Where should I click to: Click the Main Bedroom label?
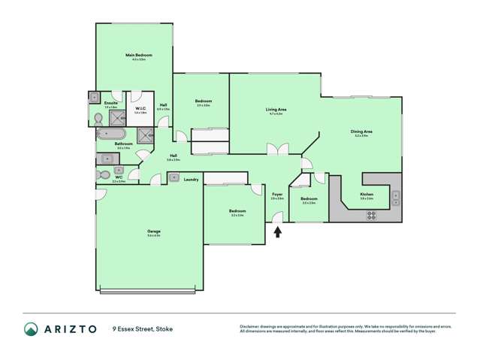(x=138, y=56)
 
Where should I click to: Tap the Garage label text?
(x=153, y=231)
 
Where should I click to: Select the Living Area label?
(x=276, y=110)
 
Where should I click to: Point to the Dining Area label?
(x=361, y=132)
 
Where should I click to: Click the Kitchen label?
(x=367, y=195)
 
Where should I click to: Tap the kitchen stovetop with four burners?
(x=371, y=214)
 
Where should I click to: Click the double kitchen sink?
(x=395, y=198)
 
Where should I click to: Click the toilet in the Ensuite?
(x=98, y=118)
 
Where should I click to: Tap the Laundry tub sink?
(x=174, y=177)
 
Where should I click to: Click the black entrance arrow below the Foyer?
(x=278, y=232)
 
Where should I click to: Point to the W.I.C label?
(x=140, y=109)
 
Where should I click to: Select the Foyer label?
(x=277, y=195)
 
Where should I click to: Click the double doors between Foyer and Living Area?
(x=277, y=150)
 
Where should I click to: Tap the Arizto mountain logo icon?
(x=31, y=328)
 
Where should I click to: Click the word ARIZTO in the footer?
(x=69, y=328)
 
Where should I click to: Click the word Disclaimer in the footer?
(x=250, y=326)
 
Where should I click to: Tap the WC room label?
(x=118, y=178)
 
